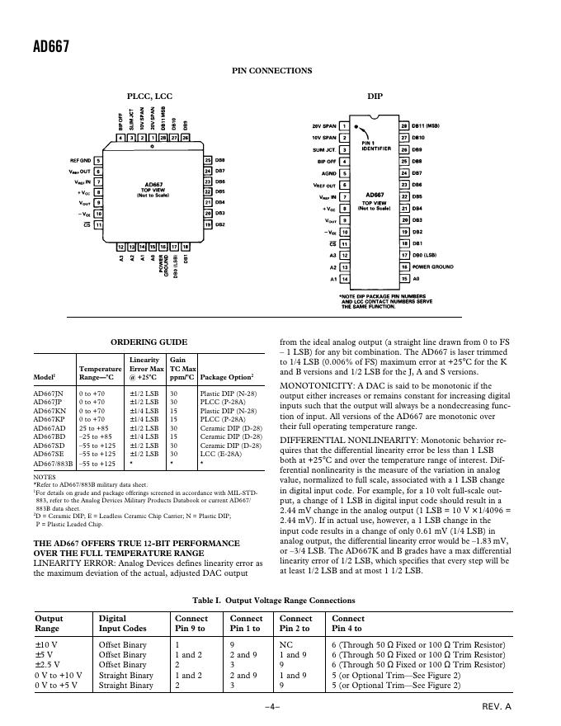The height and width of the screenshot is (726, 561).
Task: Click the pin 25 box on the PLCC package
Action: pos(209,160)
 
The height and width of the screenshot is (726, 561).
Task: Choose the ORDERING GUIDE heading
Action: pos(148,342)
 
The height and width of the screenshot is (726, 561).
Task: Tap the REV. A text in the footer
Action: pos(497,707)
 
